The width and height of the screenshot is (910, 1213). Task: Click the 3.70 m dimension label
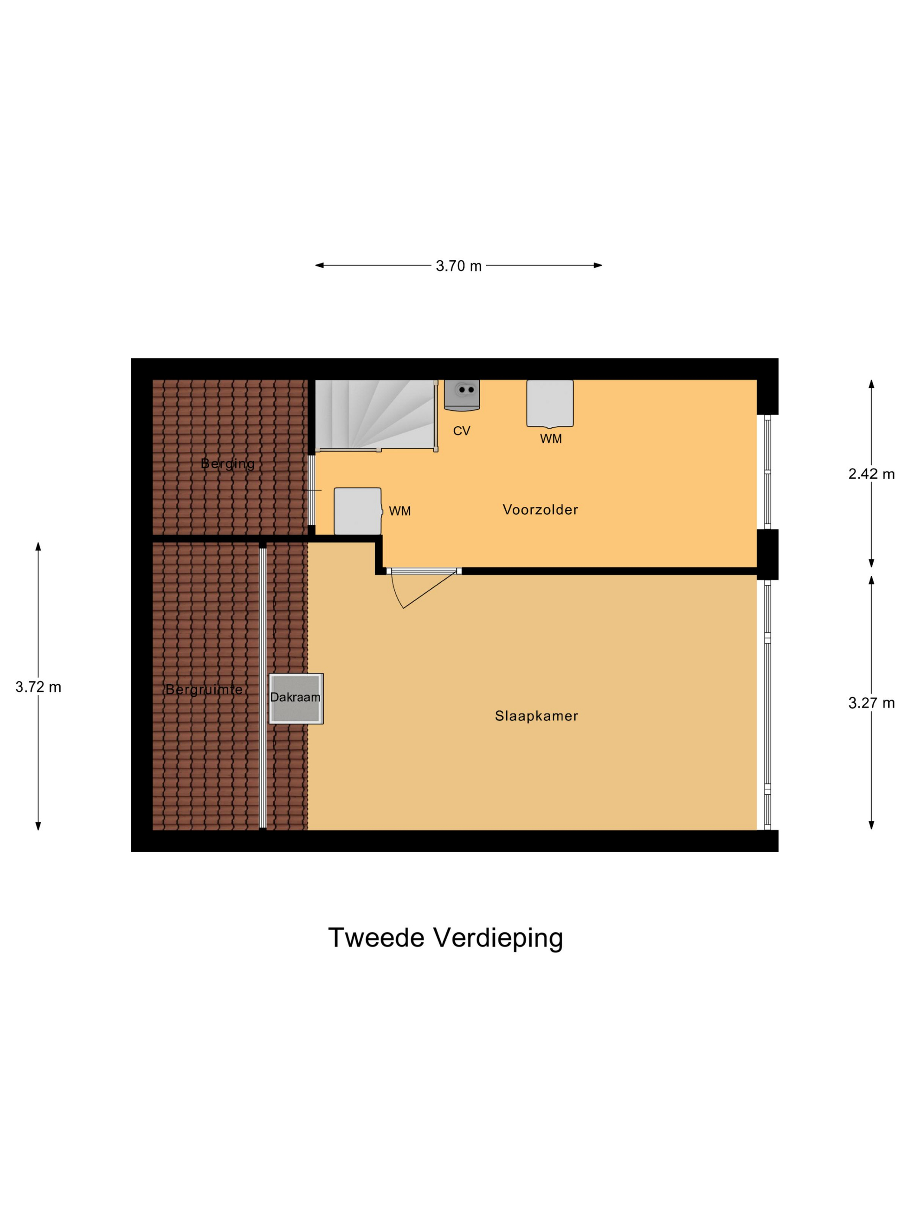(458, 266)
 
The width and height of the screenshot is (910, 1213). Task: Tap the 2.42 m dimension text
(871, 474)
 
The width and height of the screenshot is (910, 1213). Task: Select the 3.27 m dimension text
(871, 703)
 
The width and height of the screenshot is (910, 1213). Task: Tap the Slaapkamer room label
(536, 716)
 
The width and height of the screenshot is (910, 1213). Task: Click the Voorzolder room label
(540, 509)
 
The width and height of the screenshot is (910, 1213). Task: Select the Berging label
(227, 464)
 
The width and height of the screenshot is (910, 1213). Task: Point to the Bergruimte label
(204, 689)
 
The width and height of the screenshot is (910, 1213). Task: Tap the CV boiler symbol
(462, 394)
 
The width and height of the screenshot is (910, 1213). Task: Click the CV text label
(461, 431)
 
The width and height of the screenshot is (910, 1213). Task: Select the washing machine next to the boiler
(549, 403)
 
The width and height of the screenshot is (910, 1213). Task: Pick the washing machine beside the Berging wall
(357, 510)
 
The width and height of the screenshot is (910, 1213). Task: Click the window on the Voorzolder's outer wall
(767, 472)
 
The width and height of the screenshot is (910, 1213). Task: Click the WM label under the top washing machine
(550, 439)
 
